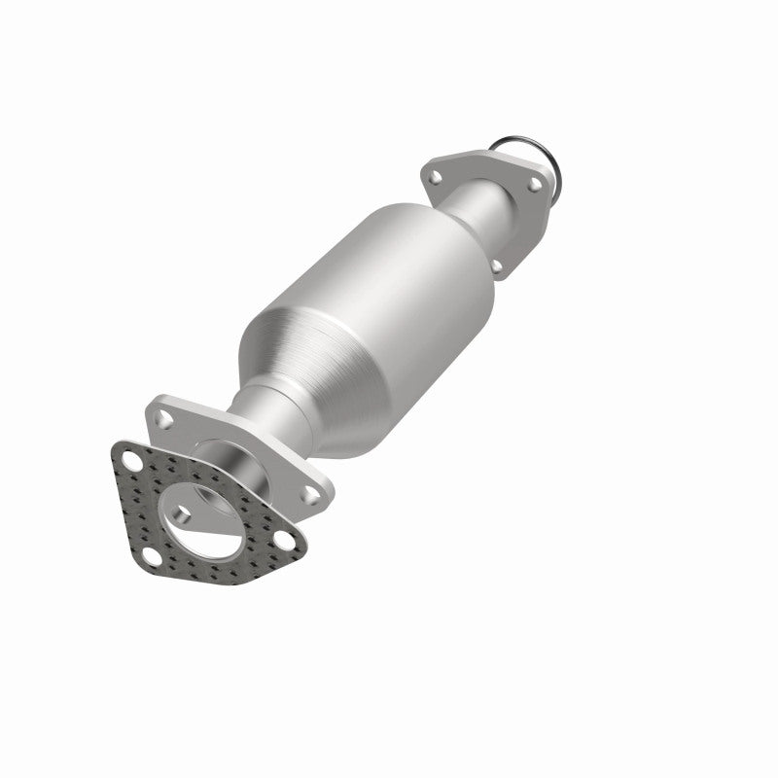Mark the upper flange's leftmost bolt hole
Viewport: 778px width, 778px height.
435,177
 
